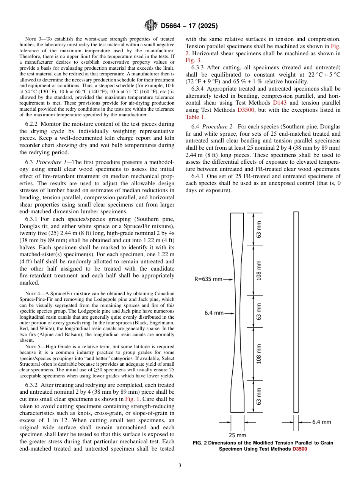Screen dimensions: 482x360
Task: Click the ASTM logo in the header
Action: pos(151,26)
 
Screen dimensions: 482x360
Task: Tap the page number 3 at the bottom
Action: pos(180,466)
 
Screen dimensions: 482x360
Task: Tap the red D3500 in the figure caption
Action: pos(299,449)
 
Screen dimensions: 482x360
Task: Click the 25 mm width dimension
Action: pos(237,435)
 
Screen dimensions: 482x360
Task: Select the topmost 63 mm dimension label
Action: pos(259,229)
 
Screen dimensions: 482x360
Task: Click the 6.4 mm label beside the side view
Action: pos(321,422)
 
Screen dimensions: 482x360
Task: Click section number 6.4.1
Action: pos(199,176)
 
